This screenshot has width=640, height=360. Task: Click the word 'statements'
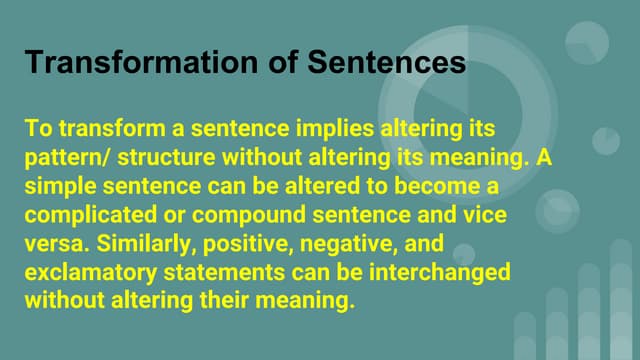(219, 271)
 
